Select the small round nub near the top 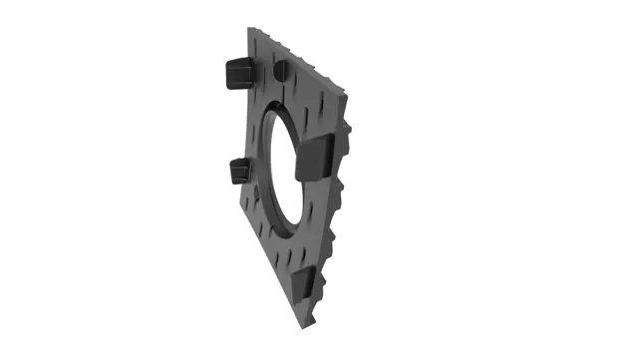click(x=281, y=70)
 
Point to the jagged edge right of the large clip click(x=345, y=160)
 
